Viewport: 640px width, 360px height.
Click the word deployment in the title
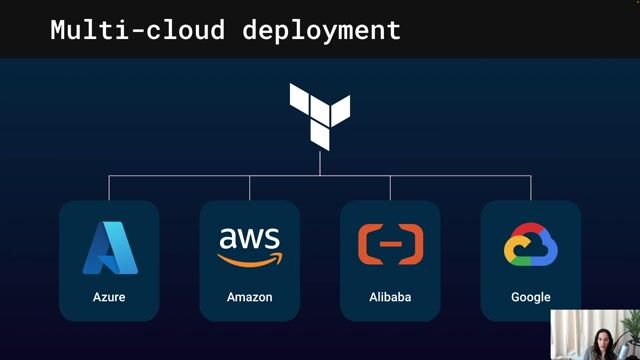(321, 31)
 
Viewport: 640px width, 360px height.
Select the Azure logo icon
(109, 248)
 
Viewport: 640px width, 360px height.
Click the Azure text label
(109, 297)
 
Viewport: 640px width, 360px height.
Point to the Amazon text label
(250, 297)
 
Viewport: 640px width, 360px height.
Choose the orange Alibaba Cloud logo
(390, 244)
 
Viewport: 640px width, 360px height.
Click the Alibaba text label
(390, 297)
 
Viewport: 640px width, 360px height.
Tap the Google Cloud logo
(530, 246)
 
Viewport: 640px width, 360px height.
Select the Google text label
(530, 297)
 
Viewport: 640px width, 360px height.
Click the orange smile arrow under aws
(250, 259)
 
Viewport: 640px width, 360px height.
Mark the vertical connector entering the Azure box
(109, 187)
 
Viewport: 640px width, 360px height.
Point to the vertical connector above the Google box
(531, 187)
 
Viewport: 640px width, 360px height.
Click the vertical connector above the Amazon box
(250, 187)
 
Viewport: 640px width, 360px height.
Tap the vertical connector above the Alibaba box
(390, 187)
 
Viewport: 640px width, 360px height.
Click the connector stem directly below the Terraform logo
(320, 163)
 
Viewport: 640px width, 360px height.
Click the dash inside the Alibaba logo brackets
(390, 244)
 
